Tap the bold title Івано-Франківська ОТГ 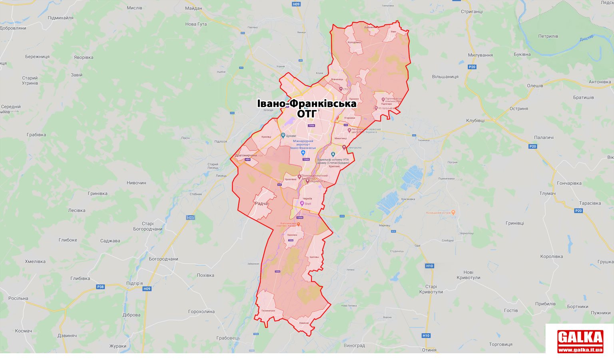(x=307, y=108)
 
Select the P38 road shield (x=100, y=286)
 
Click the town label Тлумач (x=547, y=193)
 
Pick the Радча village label (x=261, y=204)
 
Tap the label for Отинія (x=429, y=350)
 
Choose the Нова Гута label (x=196, y=24)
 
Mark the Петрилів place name (x=548, y=36)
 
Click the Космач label (x=23, y=331)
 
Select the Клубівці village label (x=475, y=120)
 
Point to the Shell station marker (x=302, y=204)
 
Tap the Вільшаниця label (x=445, y=76)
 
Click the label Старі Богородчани (x=148, y=227)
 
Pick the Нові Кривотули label (x=468, y=275)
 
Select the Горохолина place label (x=201, y=311)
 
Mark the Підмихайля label (x=60, y=18)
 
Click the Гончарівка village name (x=569, y=183)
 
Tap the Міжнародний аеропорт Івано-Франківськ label (x=303, y=145)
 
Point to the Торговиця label (x=500, y=344)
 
